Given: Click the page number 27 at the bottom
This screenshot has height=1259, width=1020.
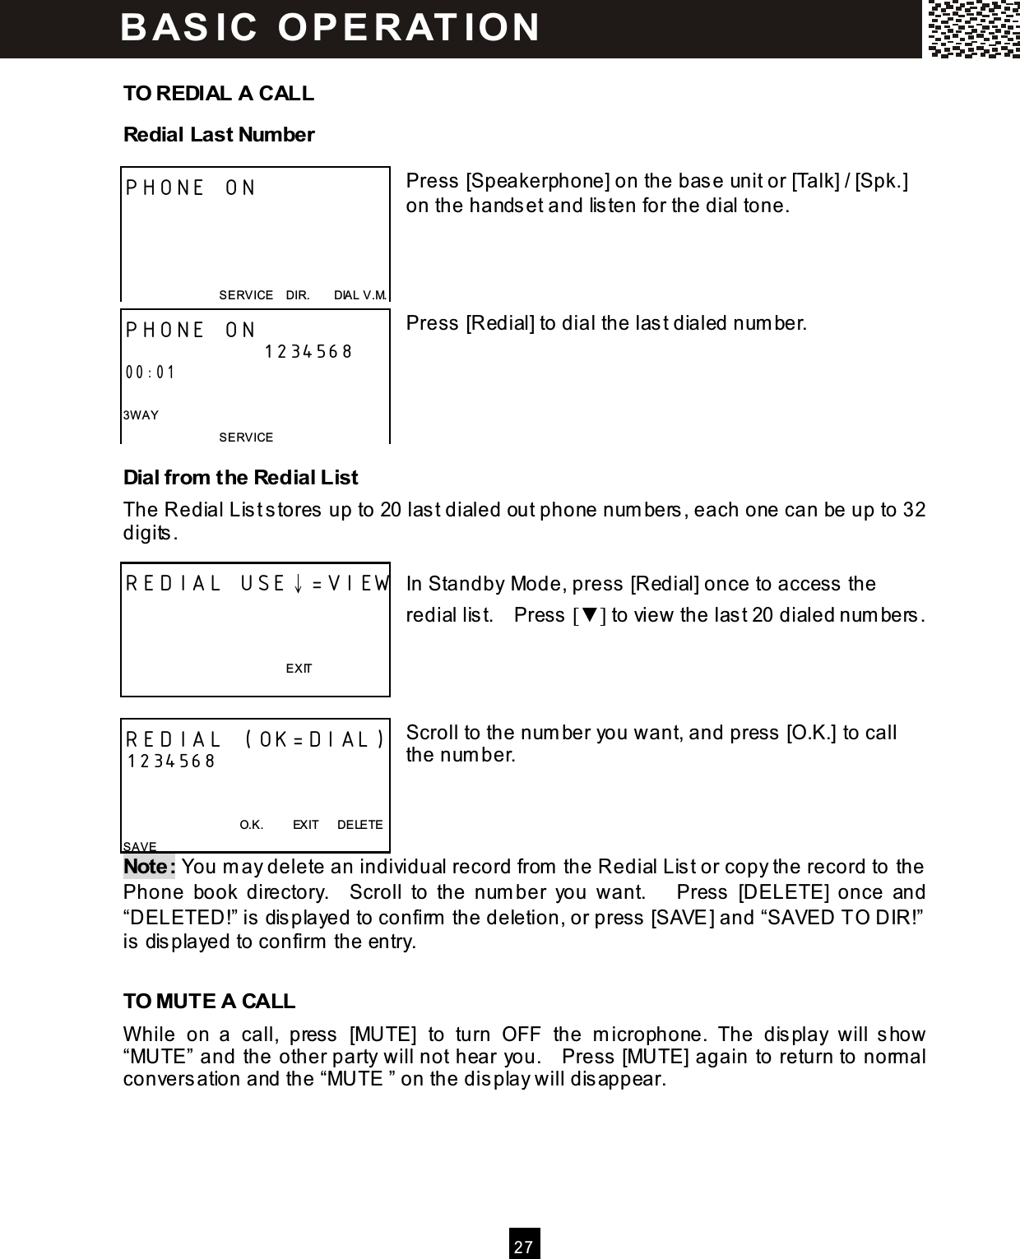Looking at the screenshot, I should pos(524,1246).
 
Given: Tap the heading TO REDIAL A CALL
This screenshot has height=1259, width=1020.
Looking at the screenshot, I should pos(218,93).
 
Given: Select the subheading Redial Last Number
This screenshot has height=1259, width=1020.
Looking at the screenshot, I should pos(218,134).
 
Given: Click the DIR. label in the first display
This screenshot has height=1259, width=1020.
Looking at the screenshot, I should pos(297,294).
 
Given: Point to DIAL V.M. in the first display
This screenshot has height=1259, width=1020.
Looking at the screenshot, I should pos(359,294).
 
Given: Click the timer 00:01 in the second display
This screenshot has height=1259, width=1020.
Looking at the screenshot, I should pos(151,372).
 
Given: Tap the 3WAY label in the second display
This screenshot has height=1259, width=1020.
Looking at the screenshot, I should pos(141,414).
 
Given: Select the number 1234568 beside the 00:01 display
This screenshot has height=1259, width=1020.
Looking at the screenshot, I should pos(308,351).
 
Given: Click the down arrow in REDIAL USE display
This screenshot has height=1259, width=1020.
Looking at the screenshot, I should pos(299,584).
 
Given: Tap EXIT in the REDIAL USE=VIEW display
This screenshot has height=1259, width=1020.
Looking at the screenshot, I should pos(299,669).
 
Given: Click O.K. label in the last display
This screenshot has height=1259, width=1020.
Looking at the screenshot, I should pos(251,824).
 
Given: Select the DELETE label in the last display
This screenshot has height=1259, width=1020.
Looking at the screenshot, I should pos(359,824).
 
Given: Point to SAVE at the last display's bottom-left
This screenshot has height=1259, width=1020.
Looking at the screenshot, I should pos(139,846).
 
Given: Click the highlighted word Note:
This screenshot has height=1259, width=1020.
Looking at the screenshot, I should pos(149,867).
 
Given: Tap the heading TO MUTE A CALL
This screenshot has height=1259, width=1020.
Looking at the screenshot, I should pos(209,1001).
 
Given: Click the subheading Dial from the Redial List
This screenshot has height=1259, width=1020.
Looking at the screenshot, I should pos(240,477).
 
